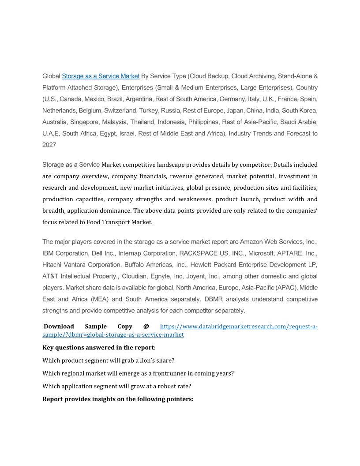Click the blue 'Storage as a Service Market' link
(x=101, y=76)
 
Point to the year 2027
(x=49, y=145)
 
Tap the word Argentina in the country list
(x=139, y=99)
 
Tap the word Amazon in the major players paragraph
(x=251, y=242)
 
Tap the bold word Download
(x=59, y=327)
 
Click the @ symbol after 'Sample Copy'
(x=146, y=327)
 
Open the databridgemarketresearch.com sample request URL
(x=238, y=327)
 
